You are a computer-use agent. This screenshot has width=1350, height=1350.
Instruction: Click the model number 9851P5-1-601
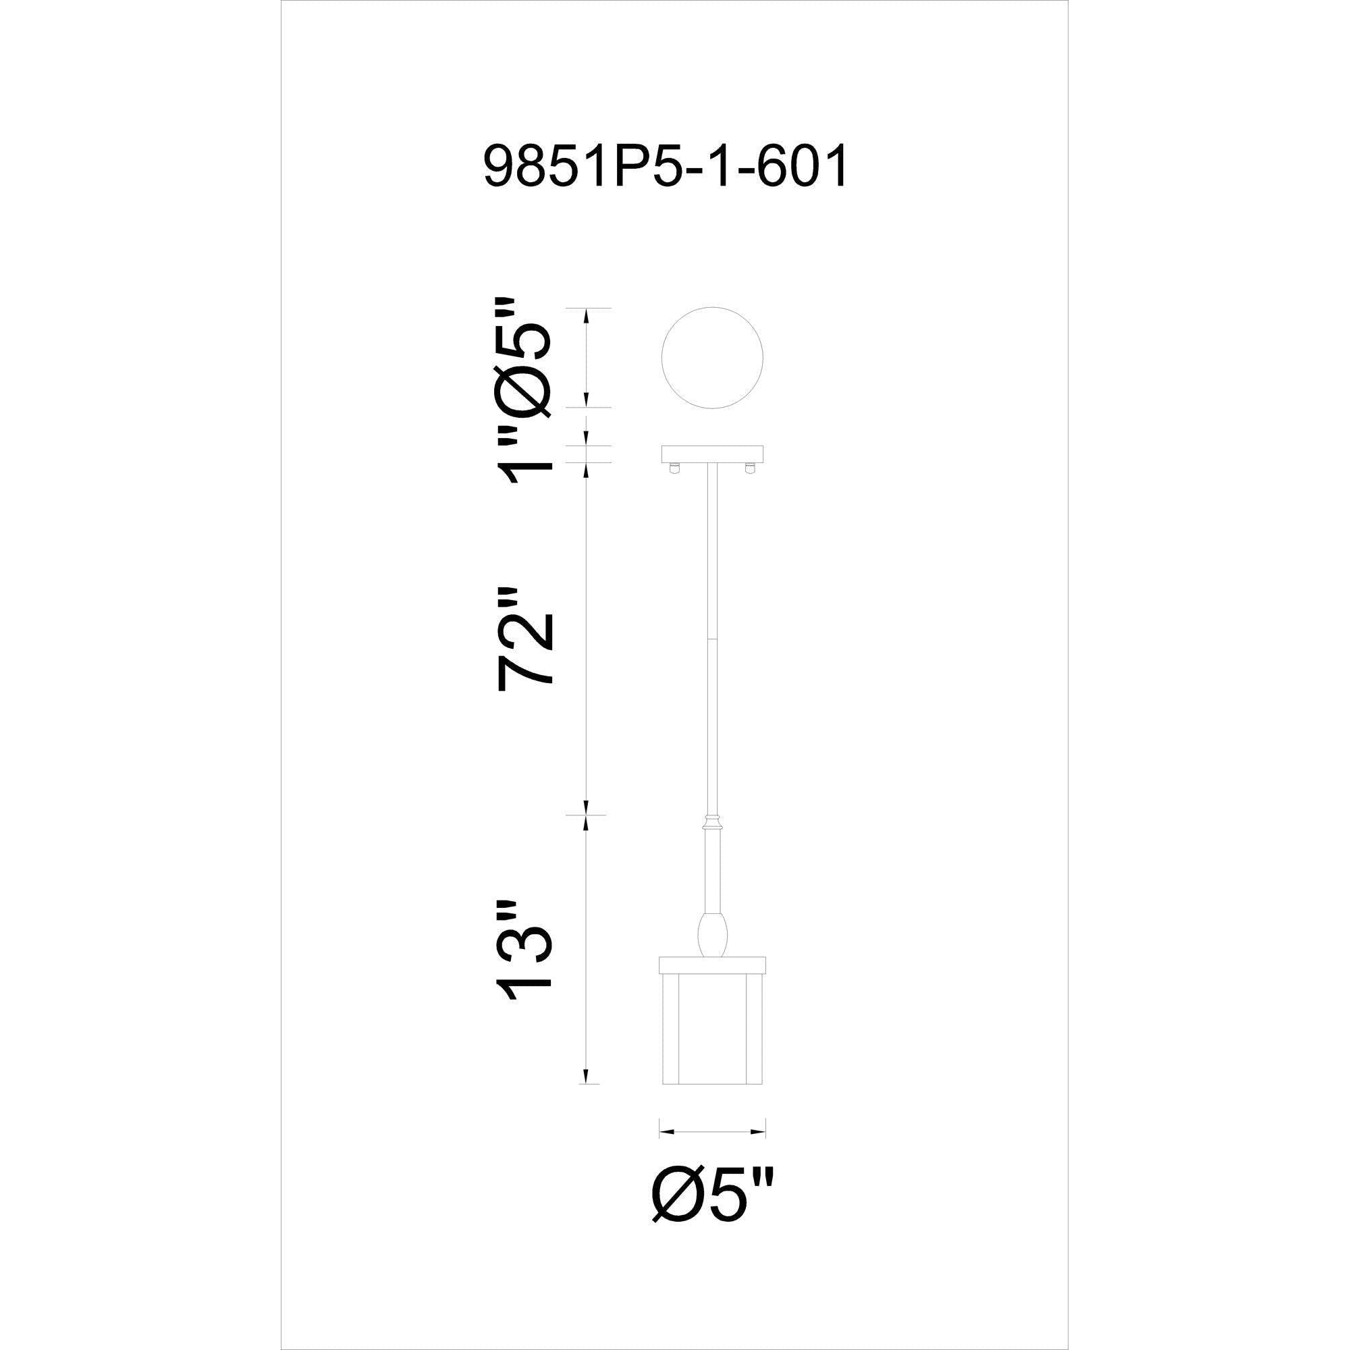(666, 167)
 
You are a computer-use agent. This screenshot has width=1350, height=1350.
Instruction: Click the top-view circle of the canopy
(712, 357)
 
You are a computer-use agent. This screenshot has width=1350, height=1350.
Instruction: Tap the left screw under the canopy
(674, 468)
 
